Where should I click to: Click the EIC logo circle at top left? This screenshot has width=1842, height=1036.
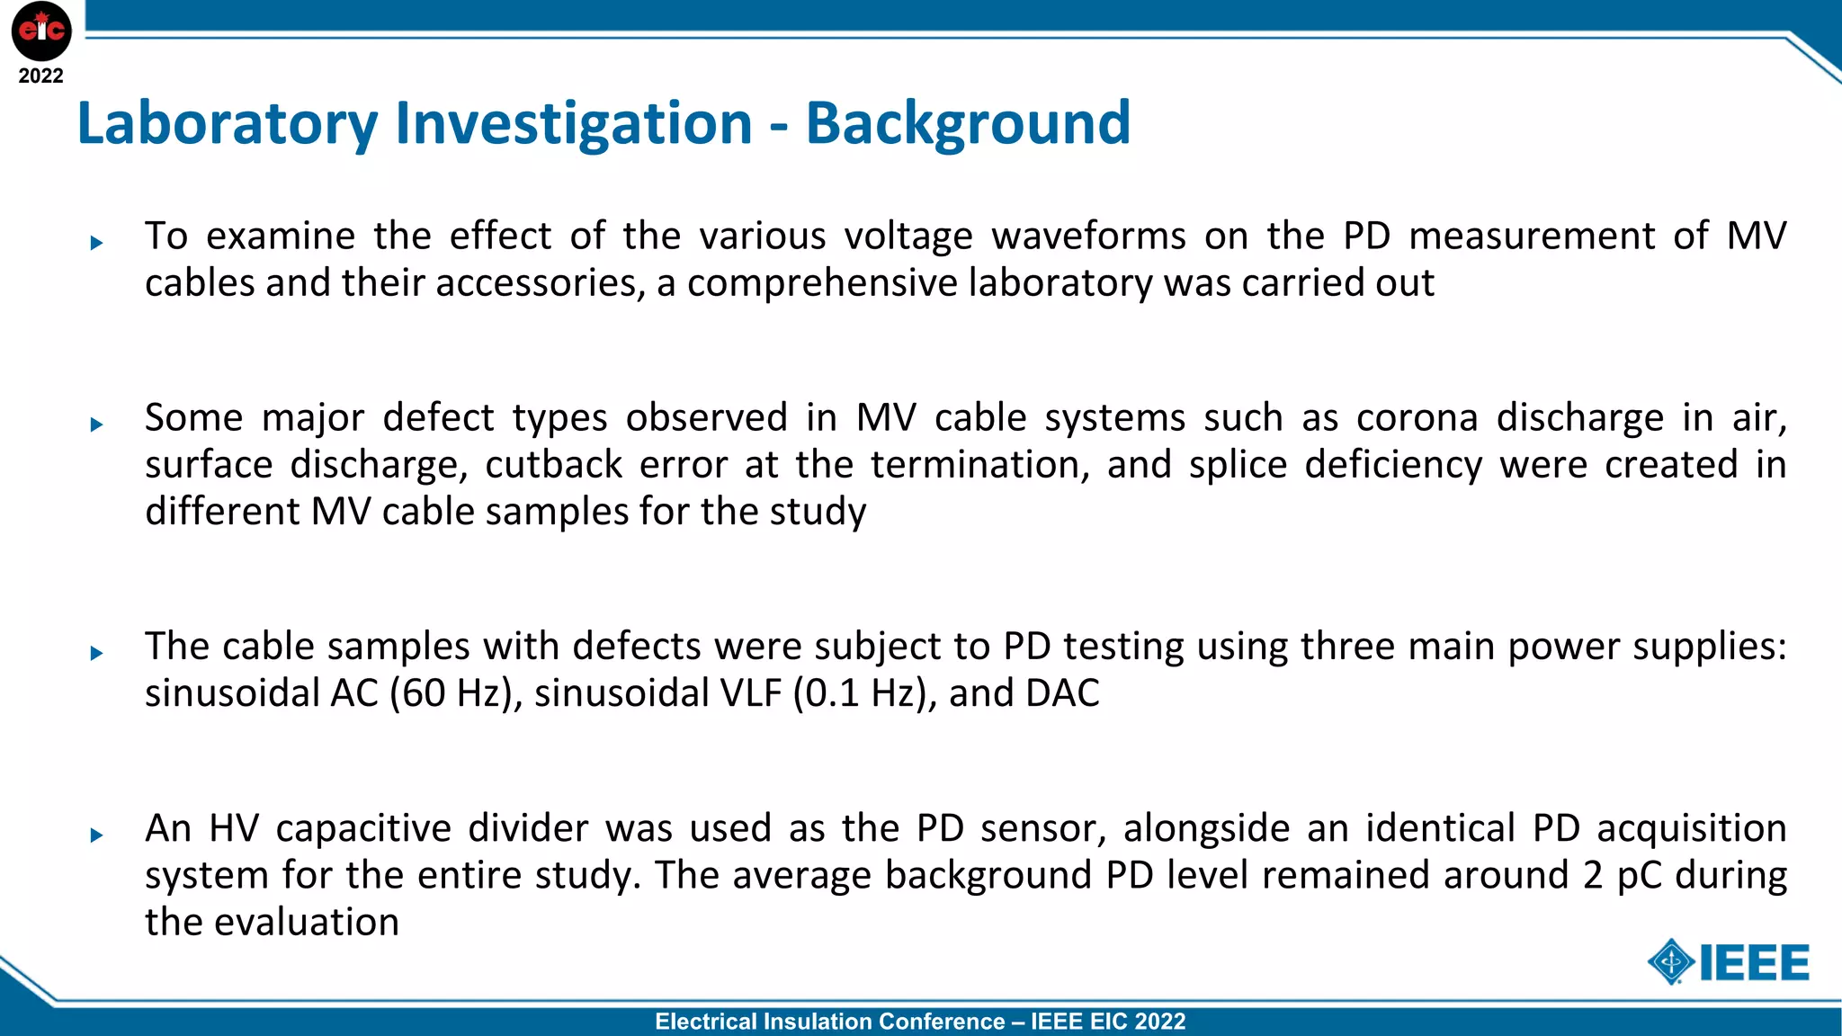[41, 31]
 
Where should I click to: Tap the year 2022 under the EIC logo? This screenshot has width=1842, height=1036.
[41, 76]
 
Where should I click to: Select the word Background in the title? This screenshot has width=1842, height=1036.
[968, 123]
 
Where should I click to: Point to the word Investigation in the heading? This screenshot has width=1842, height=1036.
[573, 123]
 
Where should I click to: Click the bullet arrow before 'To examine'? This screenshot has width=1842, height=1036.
[97, 243]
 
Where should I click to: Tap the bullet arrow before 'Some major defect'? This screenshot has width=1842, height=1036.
[97, 424]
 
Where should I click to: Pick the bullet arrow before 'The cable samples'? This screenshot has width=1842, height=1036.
[97, 654]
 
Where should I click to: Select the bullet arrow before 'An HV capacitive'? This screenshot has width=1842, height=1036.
[97, 835]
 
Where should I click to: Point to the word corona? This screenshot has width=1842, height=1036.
[1417, 418]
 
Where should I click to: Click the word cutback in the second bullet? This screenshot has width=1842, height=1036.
[553, 465]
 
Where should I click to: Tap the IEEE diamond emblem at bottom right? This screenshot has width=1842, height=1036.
[1671, 962]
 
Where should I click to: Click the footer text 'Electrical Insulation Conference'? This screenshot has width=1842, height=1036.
[829, 1022]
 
